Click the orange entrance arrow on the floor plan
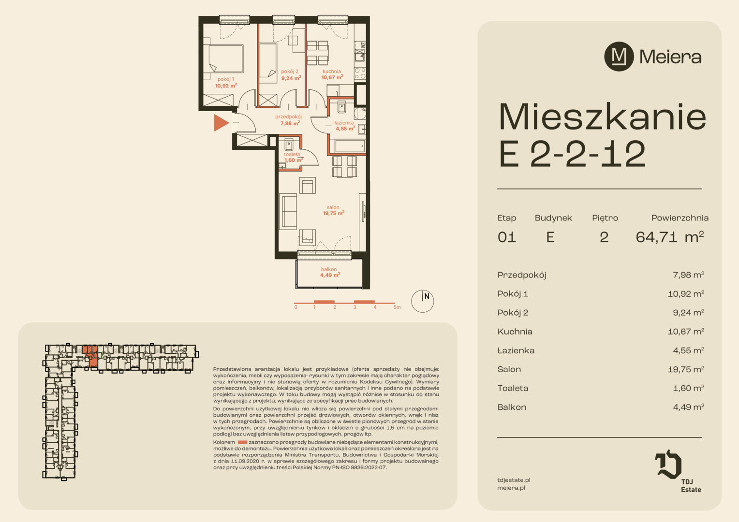221,123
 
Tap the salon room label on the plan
333,207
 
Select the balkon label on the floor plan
329,269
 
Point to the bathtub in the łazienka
349,146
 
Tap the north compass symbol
422,301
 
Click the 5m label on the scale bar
397,307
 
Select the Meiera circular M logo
619,57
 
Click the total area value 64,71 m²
670,237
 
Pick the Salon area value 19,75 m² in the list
686,369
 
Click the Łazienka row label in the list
516,350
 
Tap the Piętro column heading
605,218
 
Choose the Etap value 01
507,237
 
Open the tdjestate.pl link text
514,480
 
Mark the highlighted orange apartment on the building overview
91,355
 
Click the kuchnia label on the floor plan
332,71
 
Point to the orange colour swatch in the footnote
242,442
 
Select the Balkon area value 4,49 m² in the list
689,407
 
